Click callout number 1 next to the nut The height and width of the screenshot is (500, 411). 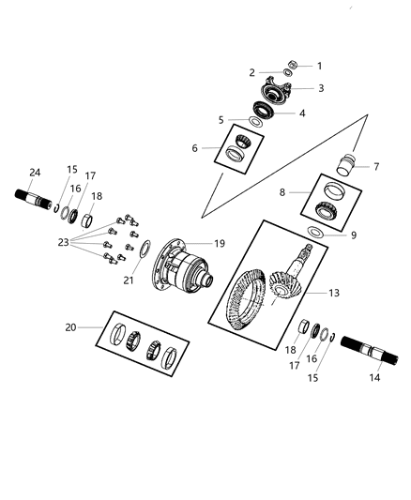tap(318, 66)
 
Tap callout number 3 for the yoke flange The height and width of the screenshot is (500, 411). tap(321, 88)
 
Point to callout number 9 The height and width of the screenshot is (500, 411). tap(354, 235)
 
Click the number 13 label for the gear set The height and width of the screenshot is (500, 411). tap(333, 294)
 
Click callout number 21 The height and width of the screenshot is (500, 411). tap(130, 280)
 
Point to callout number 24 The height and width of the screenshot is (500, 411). tap(35, 172)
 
